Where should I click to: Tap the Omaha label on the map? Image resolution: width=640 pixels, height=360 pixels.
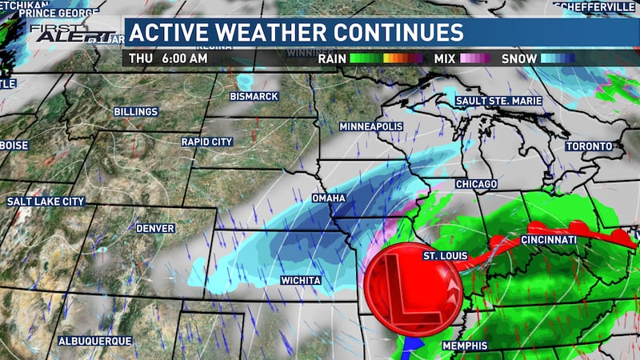point(328,197)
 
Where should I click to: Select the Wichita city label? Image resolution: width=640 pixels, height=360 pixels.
point(301,281)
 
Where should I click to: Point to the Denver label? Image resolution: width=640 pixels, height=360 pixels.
point(155,228)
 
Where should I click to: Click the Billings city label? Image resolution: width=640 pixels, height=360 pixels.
point(136,111)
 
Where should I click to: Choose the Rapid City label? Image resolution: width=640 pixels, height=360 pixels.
point(206,142)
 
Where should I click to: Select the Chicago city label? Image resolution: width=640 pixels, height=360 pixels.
point(477,184)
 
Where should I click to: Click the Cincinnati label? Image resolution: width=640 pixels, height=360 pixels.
point(549,240)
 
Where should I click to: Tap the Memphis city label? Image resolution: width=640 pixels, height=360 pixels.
point(465,346)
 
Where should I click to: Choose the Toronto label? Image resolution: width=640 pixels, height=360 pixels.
point(588,146)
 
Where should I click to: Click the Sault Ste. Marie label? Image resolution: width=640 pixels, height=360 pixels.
point(498,101)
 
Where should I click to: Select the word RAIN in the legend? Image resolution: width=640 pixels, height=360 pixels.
point(333,58)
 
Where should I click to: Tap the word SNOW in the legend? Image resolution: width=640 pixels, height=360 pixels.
point(518,58)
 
